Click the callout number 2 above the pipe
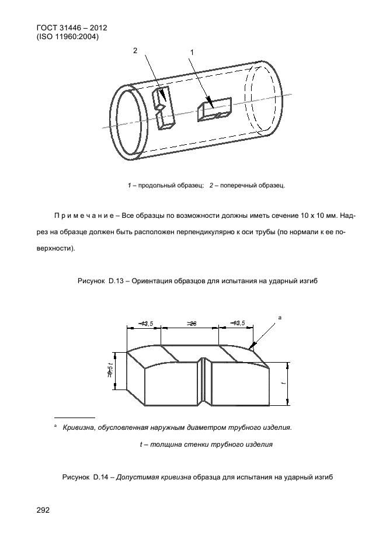[x=135, y=51]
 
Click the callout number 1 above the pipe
[x=192, y=53]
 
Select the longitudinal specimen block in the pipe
[x=214, y=109]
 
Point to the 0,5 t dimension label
[x=110, y=369]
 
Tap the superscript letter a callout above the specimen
[x=280, y=317]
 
